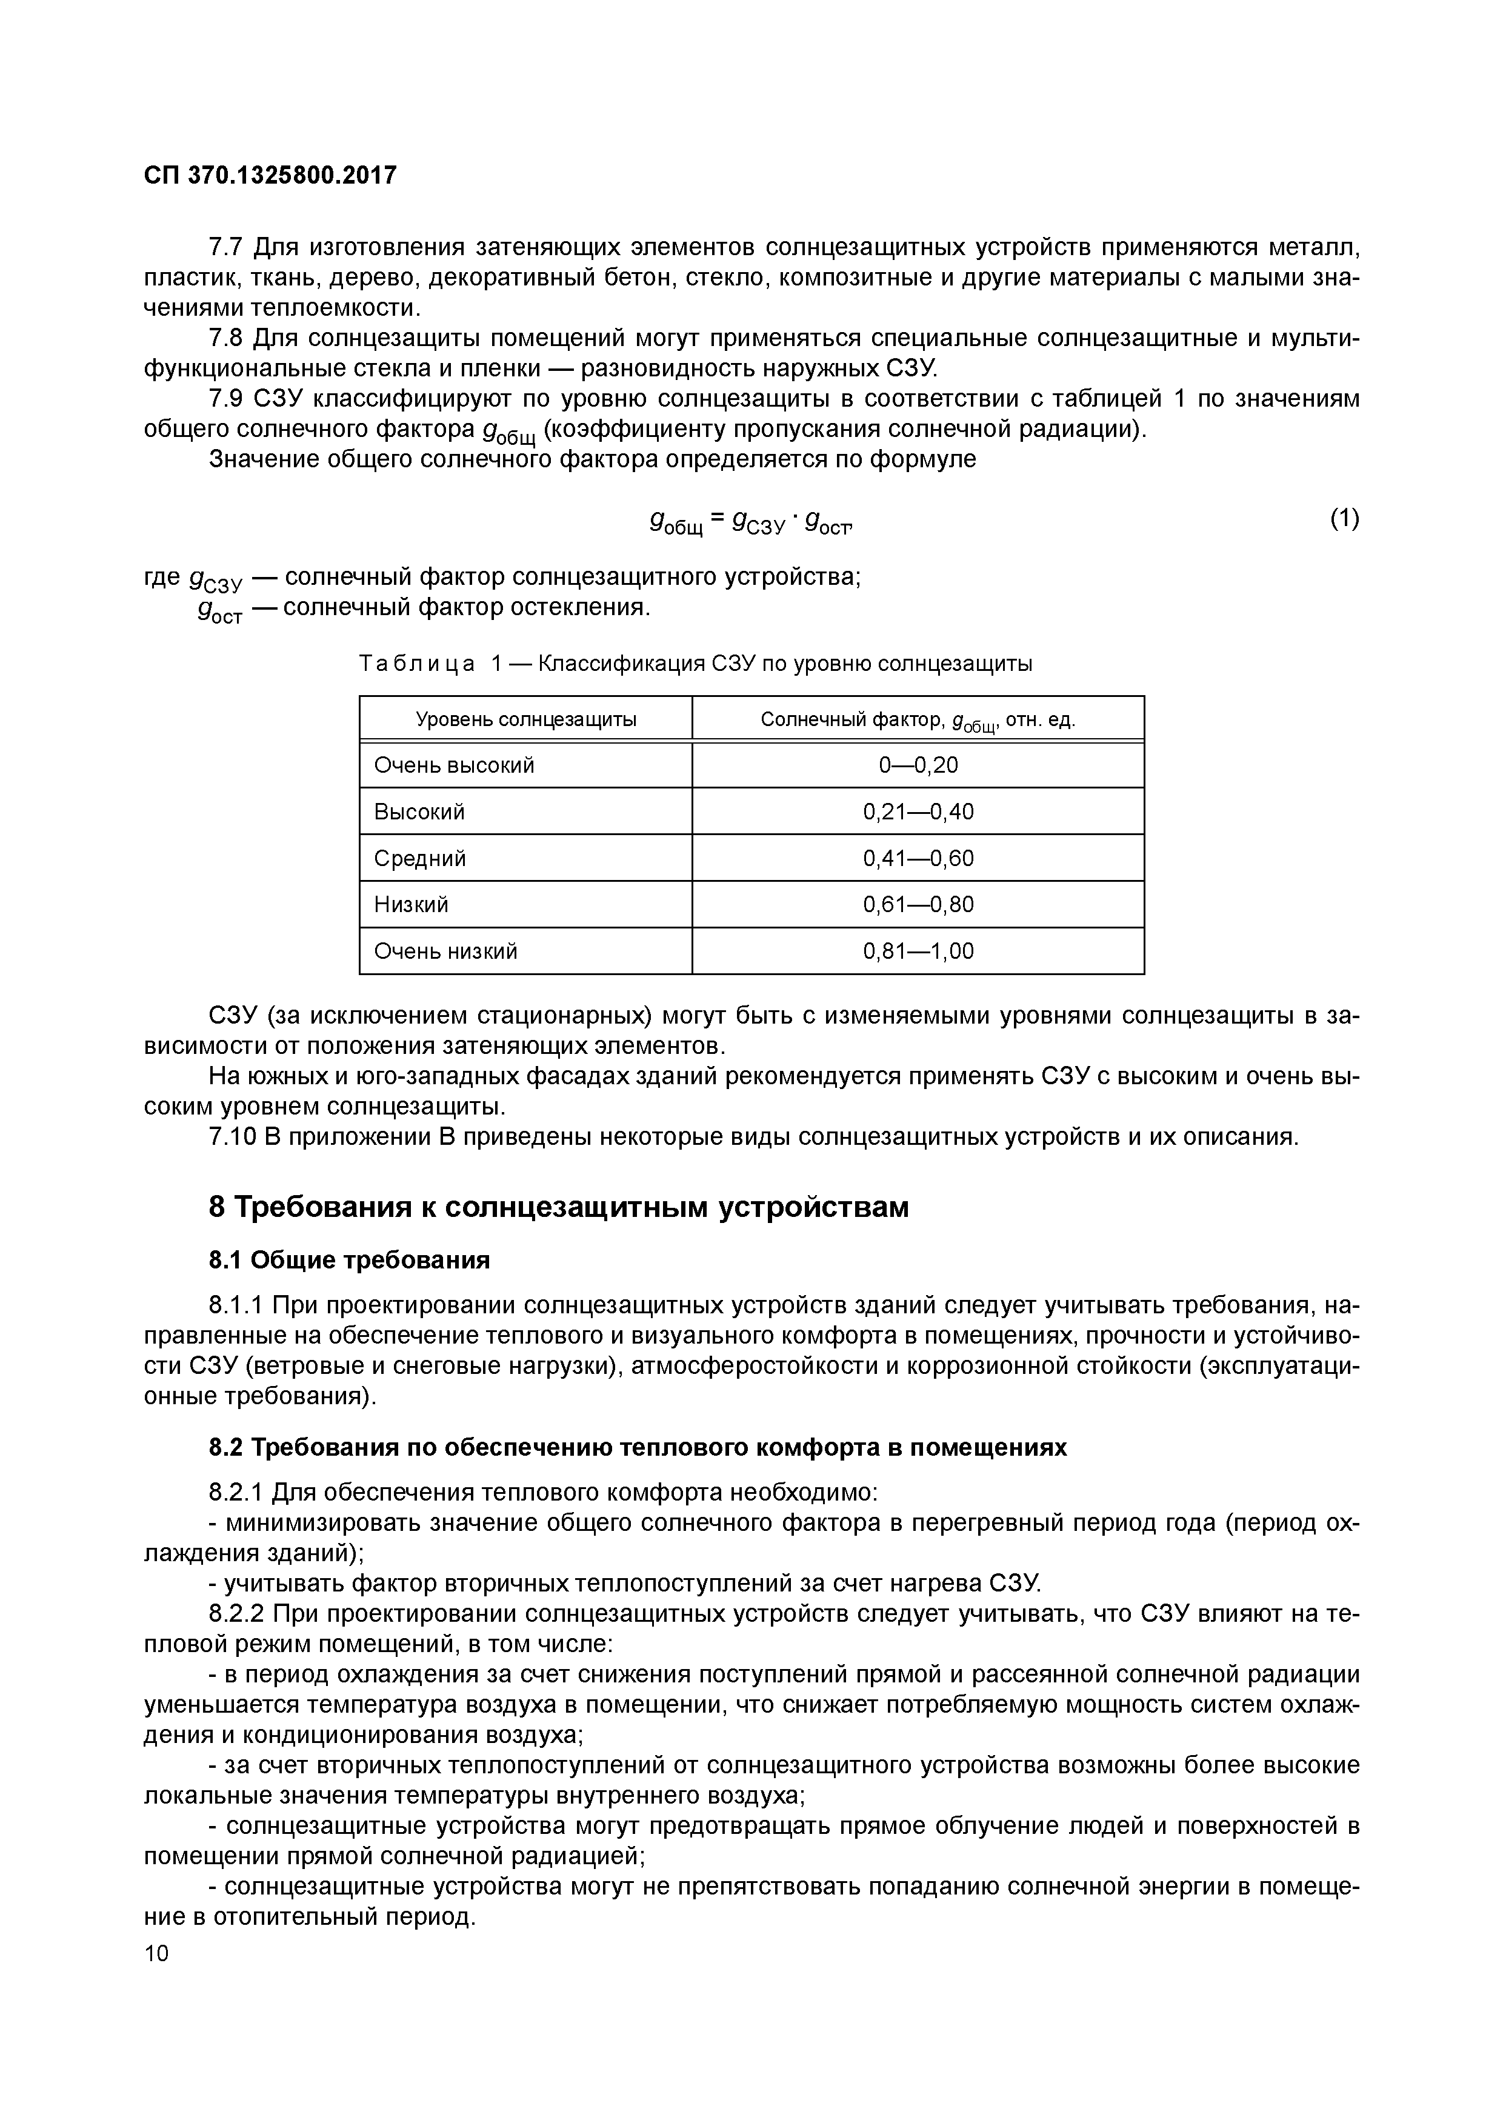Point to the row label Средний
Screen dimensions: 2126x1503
point(419,858)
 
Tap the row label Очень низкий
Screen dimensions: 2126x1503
point(445,951)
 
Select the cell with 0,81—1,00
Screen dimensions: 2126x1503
point(918,951)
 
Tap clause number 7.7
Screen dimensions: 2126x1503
point(226,248)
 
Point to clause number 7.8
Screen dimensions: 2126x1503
point(226,339)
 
